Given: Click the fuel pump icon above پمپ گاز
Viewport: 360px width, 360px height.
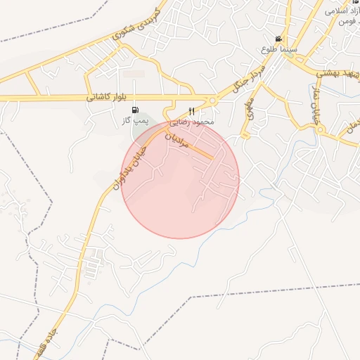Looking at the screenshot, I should click(135, 110).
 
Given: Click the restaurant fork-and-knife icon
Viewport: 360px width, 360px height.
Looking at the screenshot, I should click(191, 111).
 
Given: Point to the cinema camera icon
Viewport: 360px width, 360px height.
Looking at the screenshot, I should click(279, 39).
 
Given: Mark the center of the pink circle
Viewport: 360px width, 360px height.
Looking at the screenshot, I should click(180, 179).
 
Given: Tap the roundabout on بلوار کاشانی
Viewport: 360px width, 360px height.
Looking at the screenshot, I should click(210, 99).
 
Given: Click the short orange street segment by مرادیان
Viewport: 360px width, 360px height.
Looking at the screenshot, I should click(201, 149).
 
